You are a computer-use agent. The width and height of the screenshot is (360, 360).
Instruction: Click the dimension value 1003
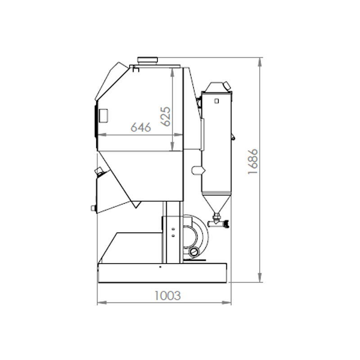tap(167, 296)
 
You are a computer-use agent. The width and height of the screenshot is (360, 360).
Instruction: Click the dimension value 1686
tap(253, 162)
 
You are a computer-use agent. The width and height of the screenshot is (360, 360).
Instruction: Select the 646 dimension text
tap(141, 127)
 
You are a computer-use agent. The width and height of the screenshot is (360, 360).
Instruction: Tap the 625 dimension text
tap(166, 117)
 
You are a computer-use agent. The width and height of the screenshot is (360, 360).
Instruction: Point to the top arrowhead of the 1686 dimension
tap(260, 62)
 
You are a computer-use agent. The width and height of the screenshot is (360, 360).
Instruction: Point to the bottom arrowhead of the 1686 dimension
tap(260, 277)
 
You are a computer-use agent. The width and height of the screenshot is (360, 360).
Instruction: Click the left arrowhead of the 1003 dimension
tap(102, 302)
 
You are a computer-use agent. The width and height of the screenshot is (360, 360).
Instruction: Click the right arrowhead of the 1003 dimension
tap(226, 302)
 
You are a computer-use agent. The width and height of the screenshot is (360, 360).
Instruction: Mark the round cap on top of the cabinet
tap(148, 60)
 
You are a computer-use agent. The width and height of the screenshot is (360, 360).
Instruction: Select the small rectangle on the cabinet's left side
tap(103, 116)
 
